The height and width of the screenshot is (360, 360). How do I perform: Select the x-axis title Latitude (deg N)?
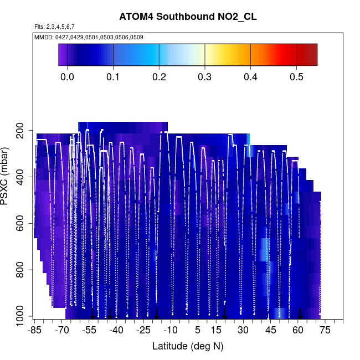click(188, 346)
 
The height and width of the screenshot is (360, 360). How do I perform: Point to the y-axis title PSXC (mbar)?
click(6, 181)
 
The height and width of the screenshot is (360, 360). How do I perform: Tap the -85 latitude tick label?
click(34, 331)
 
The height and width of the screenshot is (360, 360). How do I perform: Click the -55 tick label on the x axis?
click(89, 331)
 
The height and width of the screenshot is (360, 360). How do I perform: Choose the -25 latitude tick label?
click(143, 331)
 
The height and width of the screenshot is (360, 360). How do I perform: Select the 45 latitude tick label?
click(270, 331)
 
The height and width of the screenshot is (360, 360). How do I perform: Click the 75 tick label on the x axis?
click(325, 331)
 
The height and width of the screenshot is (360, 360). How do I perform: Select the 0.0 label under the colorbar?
click(67, 76)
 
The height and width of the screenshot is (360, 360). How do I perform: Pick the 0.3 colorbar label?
click(205, 76)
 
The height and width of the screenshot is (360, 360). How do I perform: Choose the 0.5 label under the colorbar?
click(297, 76)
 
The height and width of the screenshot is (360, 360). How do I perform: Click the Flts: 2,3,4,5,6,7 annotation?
click(54, 26)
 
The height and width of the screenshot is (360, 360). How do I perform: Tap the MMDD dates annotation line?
click(89, 37)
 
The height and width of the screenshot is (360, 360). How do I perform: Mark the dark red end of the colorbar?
click(311, 55)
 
